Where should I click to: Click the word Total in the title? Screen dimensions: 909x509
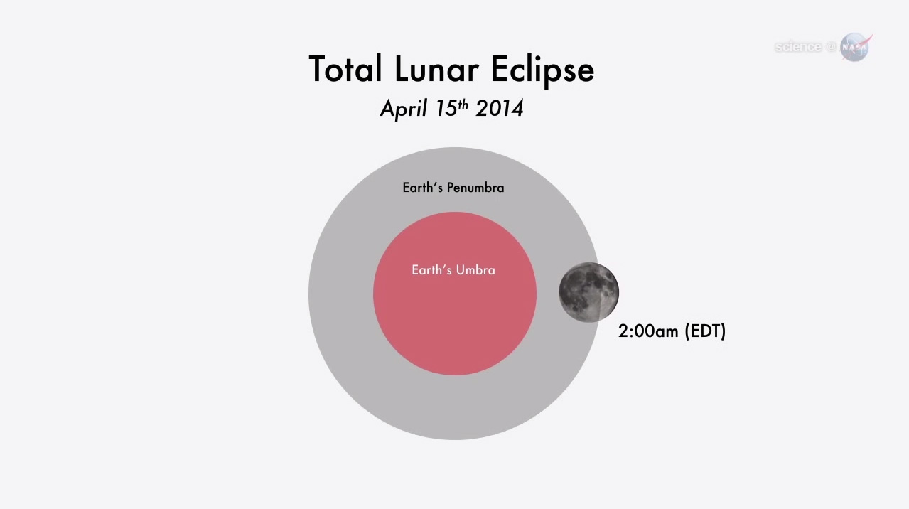tap(345, 69)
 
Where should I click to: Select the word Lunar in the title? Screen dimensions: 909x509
tap(436, 69)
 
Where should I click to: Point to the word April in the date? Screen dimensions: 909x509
tap(404, 109)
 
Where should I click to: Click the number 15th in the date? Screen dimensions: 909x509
tap(452, 108)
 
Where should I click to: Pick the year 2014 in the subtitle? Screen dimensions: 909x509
tap(500, 108)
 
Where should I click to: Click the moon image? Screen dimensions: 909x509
tap(588, 292)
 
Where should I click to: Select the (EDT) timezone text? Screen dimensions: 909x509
tap(705, 331)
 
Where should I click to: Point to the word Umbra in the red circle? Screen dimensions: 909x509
tap(475, 270)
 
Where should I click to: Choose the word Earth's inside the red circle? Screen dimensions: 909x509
tap(432, 270)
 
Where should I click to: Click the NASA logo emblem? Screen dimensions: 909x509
tap(855, 47)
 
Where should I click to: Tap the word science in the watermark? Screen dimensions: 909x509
tap(798, 47)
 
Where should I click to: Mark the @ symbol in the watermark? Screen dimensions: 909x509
tap(831, 47)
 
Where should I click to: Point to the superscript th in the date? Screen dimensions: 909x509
tap(463, 105)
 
